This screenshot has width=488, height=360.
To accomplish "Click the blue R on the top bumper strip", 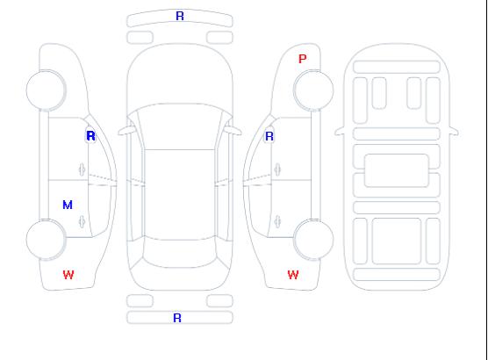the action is pos(180,16).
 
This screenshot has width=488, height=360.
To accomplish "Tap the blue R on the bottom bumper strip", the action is pos(177,318).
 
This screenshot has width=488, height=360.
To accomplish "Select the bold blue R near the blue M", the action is pos(90,136).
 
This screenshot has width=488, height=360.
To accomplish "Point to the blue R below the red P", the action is pos(269,136).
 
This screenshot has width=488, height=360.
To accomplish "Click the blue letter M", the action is pos(68,205).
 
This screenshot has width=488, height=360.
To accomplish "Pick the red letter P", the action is pos(302,59).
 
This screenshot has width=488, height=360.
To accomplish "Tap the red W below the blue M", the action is pos(68,275).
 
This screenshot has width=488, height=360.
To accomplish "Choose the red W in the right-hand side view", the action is pos(293,275).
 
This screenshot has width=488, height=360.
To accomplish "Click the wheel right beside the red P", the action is pos(313,90).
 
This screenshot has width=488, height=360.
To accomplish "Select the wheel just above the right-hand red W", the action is pos(313,239).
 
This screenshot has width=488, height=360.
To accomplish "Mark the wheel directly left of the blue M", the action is pos(46,239).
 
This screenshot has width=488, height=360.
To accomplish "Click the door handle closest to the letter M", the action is pos(82,221).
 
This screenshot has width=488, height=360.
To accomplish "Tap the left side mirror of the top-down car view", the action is pos(126,131).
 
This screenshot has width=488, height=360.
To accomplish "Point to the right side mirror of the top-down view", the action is pos(233,131).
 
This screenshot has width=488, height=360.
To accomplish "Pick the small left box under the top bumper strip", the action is pos(140,38).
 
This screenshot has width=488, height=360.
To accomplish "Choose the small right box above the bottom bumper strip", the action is pos(219,301).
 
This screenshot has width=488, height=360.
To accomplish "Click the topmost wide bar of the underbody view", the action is pos(397,68).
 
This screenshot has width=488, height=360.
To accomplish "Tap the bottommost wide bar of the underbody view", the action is pos(397,274).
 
